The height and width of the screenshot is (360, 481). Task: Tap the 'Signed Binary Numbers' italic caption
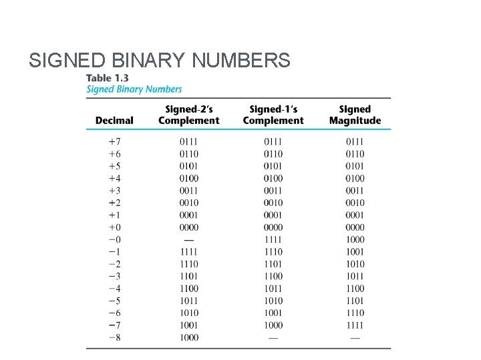click(134, 89)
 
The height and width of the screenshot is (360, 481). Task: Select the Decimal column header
click(114, 121)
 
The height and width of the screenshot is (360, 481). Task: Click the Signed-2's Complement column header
click(188, 115)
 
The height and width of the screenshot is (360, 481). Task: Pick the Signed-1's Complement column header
click(273, 115)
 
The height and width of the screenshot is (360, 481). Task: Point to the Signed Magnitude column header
click(355, 115)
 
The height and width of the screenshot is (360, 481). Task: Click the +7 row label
click(114, 141)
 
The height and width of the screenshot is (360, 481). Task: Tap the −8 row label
click(114, 337)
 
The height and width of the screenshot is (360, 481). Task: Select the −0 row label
click(114, 239)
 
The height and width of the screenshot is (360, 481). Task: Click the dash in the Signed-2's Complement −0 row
click(188, 239)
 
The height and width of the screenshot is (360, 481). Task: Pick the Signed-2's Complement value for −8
click(188, 337)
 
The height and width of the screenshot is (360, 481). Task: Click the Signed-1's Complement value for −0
click(273, 239)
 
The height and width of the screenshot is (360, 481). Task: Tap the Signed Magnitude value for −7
click(355, 325)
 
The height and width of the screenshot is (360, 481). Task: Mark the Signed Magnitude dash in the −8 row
click(355, 338)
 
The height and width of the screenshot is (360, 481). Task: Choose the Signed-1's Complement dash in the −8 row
click(273, 338)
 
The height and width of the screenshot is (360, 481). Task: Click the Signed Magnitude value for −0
click(355, 239)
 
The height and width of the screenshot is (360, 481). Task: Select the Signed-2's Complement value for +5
click(188, 166)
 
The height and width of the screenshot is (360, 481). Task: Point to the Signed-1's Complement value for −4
click(273, 289)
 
